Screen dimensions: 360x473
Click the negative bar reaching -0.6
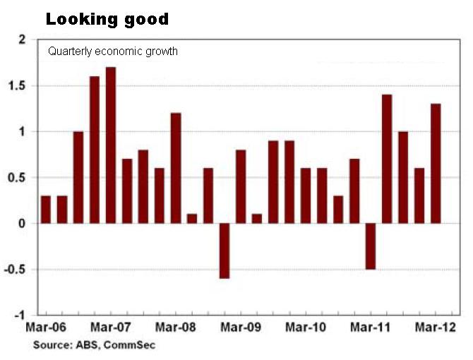(x=224, y=251)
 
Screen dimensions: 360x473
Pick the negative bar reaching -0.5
(x=371, y=246)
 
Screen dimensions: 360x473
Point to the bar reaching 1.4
(x=387, y=159)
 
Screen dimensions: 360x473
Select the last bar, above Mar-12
(x=436, y=164)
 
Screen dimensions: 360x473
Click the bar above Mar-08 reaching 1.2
(x=176, y=168)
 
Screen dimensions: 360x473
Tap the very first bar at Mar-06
(x=46, y=210)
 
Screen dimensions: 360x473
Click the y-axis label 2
(x=29, y=40)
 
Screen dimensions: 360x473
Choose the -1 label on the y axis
(x=26, y=315)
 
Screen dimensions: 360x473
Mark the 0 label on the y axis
(x=29, y=224)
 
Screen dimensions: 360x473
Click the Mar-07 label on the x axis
(x=110, y=328)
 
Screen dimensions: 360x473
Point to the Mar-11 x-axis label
(x=371, y=328)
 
